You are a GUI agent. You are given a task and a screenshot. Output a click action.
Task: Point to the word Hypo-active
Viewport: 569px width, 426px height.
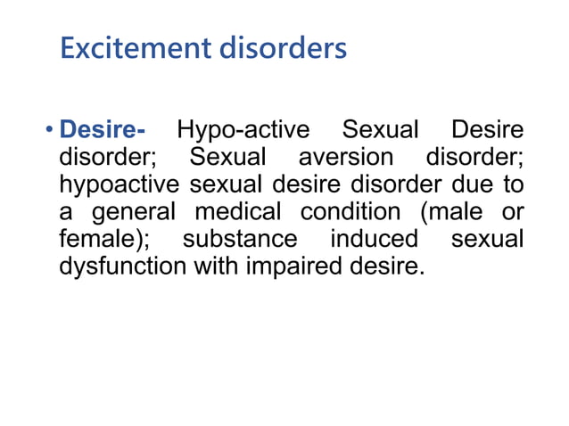point(243,131)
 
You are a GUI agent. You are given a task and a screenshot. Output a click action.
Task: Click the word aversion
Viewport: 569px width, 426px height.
point(345,158)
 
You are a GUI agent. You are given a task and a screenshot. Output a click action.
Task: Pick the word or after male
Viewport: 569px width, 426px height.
point(512,212)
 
